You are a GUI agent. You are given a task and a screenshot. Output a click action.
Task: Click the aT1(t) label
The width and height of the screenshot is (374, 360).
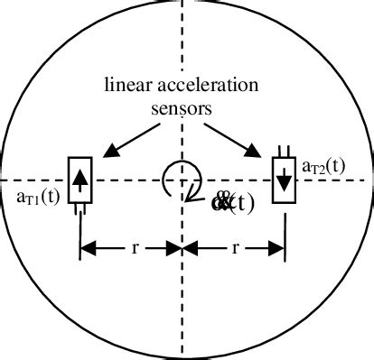point(38,196)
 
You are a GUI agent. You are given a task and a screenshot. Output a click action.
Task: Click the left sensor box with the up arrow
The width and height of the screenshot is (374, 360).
point(81,180)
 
